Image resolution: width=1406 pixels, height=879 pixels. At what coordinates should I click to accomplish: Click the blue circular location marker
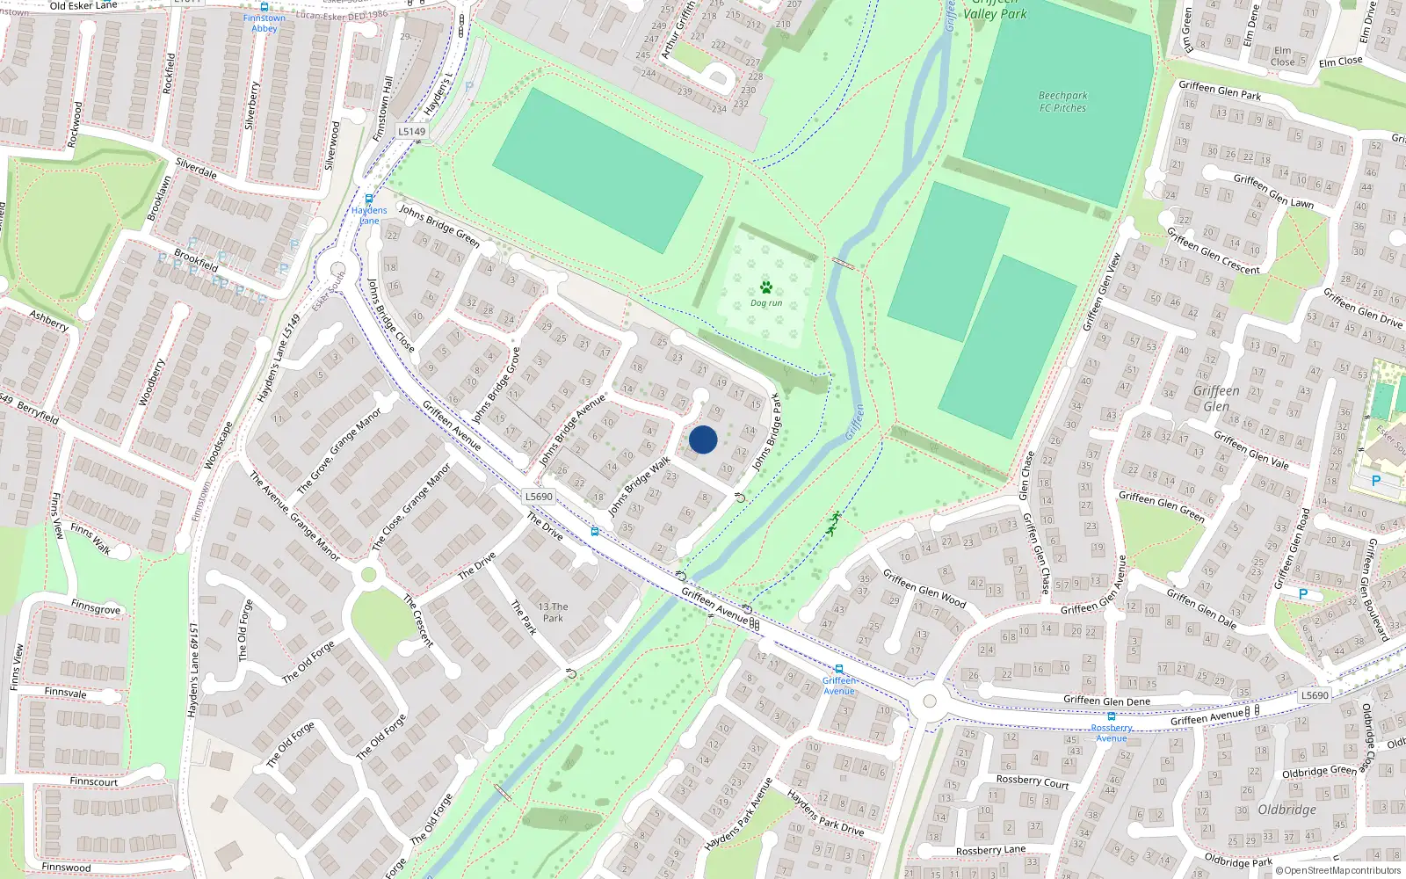[x=703, y=439]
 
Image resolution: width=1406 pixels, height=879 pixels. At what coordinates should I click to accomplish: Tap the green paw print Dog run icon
[x=766, y=287]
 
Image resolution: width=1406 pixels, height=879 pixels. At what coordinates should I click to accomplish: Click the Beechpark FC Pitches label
[x=1062, y=102]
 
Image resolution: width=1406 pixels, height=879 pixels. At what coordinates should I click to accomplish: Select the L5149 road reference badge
[x=411, y=132]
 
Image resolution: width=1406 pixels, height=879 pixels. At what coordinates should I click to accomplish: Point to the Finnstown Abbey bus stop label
[x=265, y=23]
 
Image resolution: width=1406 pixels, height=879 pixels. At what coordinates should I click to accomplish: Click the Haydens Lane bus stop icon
[x=369, y=199]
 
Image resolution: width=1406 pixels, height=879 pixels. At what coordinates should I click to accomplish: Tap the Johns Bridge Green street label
[x=439, y=225]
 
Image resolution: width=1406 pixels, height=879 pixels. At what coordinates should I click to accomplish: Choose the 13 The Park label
[x=553, y=613]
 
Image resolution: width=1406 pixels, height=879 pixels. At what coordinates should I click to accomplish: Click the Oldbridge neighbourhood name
[x=1286, y=810]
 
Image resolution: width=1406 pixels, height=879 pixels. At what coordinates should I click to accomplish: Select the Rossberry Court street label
[x=1033, y=781]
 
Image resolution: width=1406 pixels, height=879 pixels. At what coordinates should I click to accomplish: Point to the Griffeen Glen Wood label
[x=924, y=589]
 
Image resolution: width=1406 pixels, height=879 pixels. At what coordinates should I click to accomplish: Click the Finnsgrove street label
[x=96, y=607]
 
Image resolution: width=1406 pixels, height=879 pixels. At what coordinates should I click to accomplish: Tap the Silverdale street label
[x=196, y=168]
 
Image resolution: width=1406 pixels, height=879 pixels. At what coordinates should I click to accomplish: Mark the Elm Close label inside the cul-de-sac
[x=1284, y=56]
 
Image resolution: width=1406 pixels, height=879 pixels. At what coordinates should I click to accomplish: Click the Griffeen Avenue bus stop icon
[x=839, y=669]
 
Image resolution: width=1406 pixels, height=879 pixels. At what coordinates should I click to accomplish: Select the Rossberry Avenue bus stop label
[x=1112, y=733]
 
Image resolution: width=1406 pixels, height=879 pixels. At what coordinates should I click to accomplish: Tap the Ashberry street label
[x=48, y=320]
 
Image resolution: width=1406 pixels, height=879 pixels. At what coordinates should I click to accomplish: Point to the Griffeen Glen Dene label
[x=1106, y=701]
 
